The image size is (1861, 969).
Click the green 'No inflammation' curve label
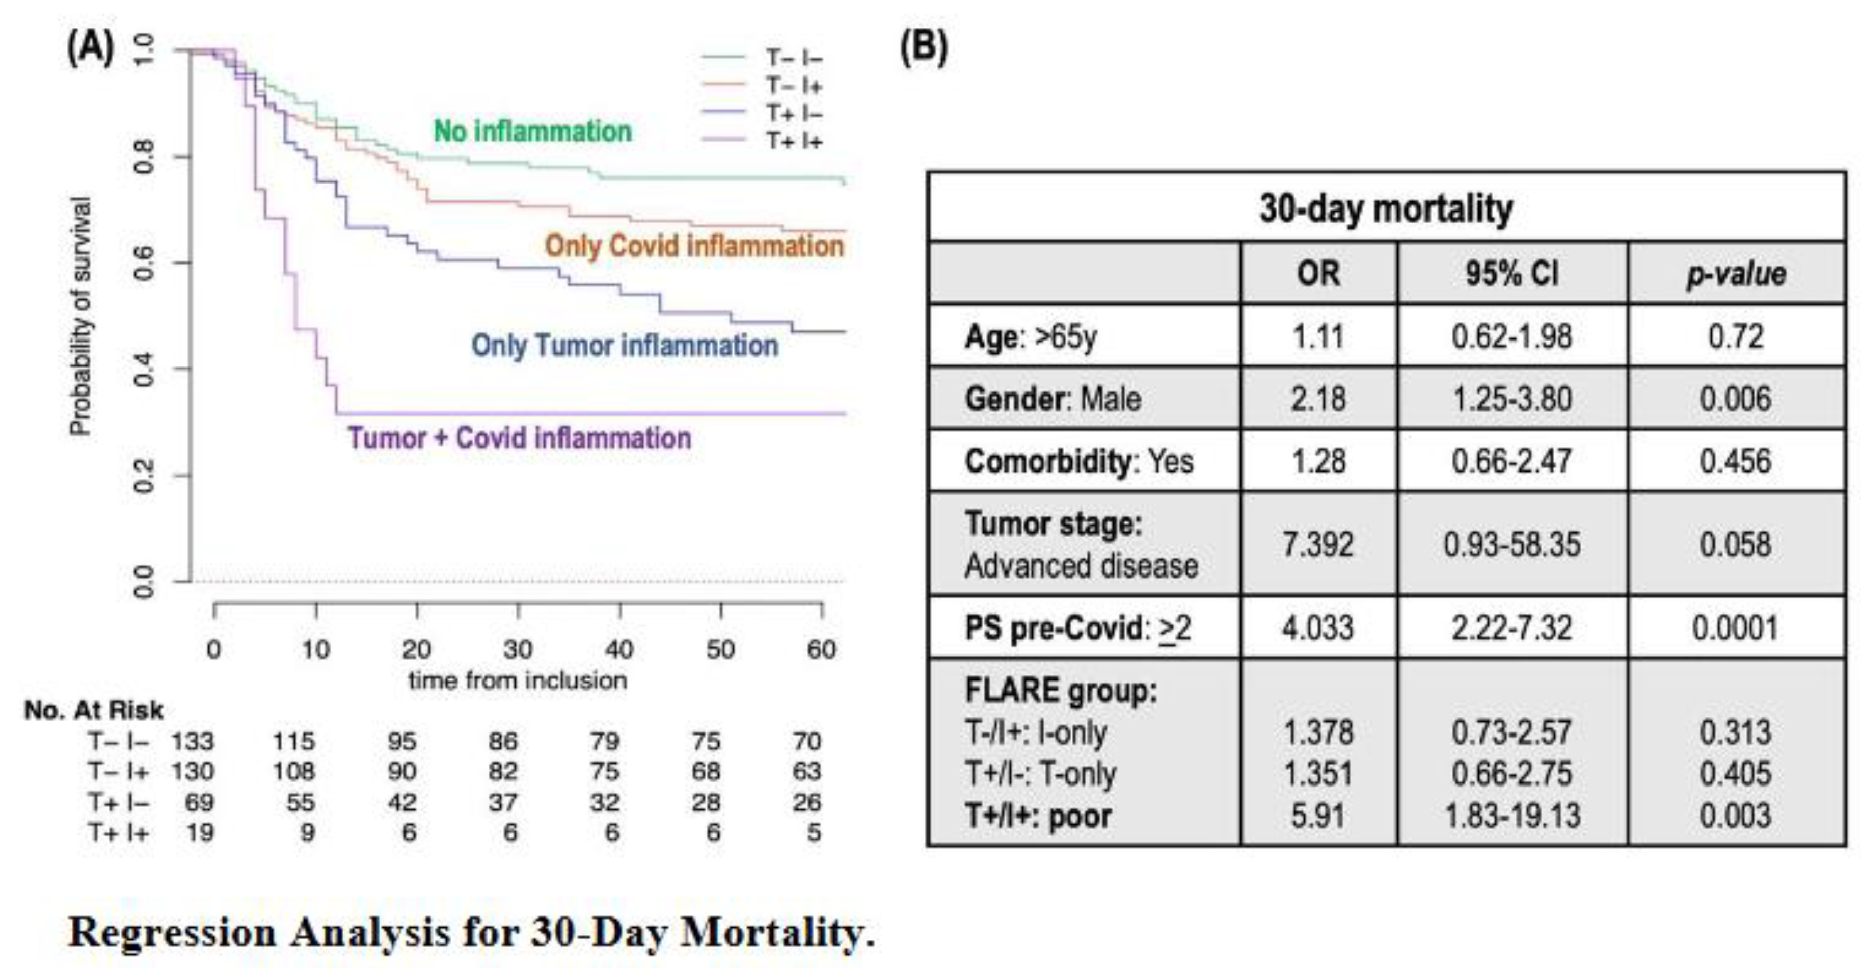[532, 132]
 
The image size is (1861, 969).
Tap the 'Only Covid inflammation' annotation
[693, 246]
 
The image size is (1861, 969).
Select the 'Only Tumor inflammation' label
[625, 346]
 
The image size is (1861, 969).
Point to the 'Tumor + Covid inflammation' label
[520, 438]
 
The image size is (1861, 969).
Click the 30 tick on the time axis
[518, 649]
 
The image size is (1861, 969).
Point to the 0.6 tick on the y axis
[145, 263]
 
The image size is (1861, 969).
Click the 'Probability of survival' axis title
[81, 317]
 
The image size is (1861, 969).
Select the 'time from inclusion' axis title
[518, 680]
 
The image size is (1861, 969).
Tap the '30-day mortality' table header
[1386, 209]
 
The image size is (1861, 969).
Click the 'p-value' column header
[1735, 274]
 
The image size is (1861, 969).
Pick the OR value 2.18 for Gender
[1318, 399]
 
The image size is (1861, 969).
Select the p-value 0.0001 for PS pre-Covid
[1735, 627]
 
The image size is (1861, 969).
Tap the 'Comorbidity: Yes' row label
[1078, 461]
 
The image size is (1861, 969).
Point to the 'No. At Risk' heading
[94, 710]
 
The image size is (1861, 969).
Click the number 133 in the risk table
[192, 741]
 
